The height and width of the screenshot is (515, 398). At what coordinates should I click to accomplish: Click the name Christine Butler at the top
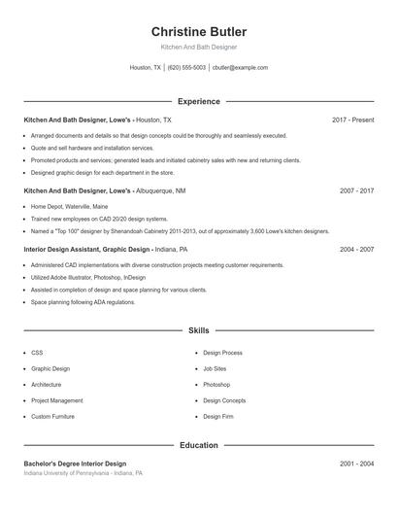198,32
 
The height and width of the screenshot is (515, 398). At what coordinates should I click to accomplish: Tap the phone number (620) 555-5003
186,68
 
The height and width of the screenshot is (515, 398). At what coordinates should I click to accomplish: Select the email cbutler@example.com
240,68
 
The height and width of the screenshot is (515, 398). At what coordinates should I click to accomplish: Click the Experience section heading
198,101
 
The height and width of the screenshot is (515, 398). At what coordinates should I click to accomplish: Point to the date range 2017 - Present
352,120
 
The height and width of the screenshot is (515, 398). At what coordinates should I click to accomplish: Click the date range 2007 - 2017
356,191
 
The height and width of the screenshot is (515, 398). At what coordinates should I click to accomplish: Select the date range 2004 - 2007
356,250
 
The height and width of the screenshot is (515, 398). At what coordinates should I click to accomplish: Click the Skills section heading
198,330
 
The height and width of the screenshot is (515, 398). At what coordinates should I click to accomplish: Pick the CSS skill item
37,353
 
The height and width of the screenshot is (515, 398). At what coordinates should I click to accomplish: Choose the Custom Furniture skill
53,416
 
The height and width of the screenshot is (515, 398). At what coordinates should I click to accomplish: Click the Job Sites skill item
215,369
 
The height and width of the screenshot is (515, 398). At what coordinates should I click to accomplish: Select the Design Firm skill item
217,416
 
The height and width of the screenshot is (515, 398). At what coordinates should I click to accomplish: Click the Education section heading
198,445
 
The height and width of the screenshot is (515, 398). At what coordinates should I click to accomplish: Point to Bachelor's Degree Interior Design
75,463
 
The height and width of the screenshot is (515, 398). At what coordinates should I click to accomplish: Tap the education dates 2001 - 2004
356,463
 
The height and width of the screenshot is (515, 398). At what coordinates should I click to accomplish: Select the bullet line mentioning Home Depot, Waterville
69,207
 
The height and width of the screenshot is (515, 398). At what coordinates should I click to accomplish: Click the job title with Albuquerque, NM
104,191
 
